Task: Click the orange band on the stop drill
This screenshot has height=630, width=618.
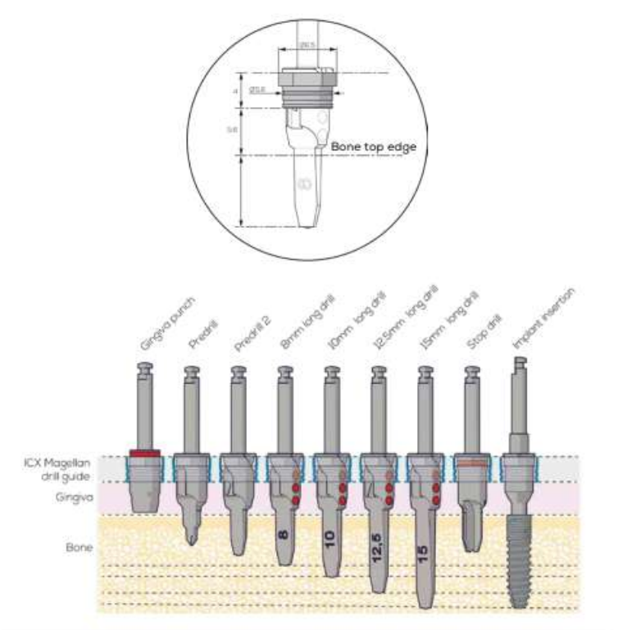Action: pos(470,462)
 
